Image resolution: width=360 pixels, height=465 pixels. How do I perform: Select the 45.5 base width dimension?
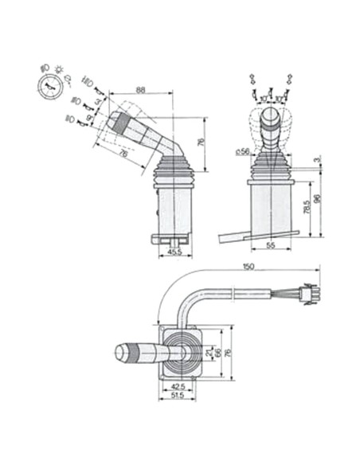pos(175,252)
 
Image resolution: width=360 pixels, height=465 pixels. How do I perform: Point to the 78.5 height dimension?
pos(307,207)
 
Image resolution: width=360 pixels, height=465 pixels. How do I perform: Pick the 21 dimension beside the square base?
pos(209,351)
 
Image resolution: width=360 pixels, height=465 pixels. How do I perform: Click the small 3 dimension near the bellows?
pos(316,162)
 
